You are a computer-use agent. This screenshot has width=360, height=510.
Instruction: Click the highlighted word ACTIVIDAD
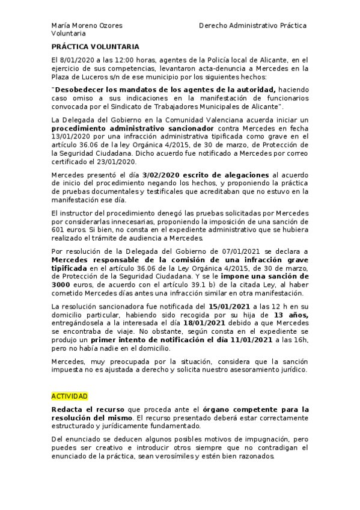[70, 396]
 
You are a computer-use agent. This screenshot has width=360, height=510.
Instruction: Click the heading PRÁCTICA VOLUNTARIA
[96, 46]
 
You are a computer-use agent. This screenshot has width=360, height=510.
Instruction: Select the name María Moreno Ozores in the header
[87, 26]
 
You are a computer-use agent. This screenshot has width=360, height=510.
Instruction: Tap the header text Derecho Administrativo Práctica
[252, 26]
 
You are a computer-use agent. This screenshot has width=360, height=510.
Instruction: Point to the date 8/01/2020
[79, 61]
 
